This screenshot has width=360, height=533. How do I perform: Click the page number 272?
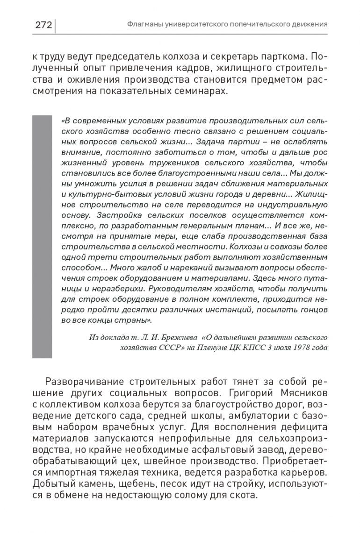pos(43,24)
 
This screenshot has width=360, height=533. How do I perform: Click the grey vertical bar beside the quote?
pos(42,236)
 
